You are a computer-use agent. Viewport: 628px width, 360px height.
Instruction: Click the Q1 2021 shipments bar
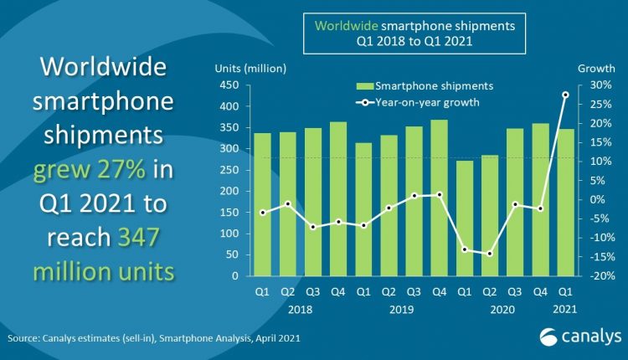pos(565,202)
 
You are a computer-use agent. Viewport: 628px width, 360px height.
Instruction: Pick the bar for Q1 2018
pos(262,204)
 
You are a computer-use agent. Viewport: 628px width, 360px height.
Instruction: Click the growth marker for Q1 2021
pos(566,95)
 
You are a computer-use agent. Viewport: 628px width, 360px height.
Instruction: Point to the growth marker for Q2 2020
pos(491,254)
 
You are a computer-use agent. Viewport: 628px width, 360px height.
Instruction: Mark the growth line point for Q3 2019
pos(414,195)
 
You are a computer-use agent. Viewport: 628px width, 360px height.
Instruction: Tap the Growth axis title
pos(593,67)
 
